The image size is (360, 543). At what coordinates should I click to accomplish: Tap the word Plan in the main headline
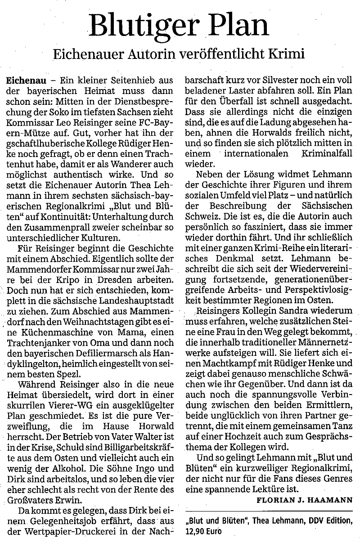click(x=238, y=27)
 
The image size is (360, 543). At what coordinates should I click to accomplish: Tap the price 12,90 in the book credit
click(x=196, y=530)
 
